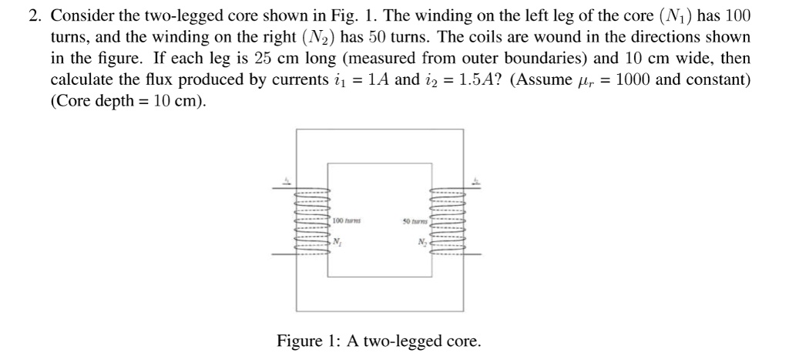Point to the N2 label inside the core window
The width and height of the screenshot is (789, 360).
[421, 242]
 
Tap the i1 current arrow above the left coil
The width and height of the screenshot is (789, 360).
[287, 182]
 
